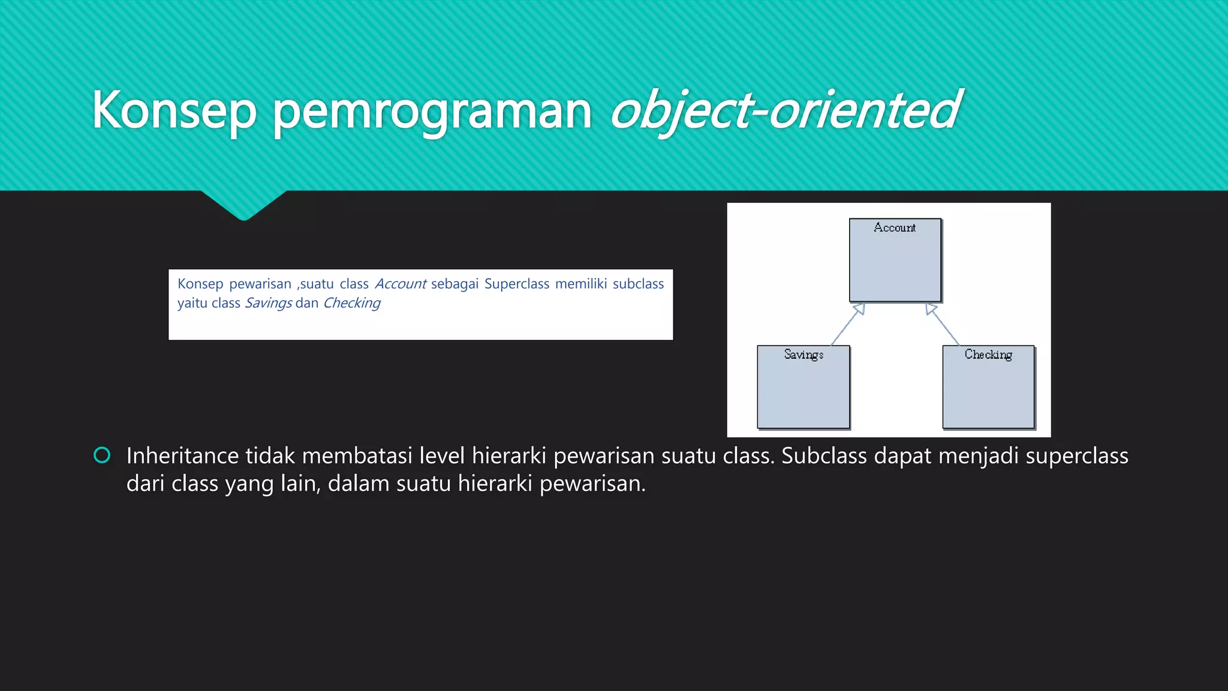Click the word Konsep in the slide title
click(174, 110)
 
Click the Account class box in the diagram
click(895, 264)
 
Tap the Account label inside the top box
click(895, 228)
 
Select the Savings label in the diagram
click(803, 354)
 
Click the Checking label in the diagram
click(988, 354)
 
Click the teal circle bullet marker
click(103, 455)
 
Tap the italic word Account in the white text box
click(400, 284)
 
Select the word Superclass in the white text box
click(516, 284)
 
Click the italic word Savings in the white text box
click(268, 303)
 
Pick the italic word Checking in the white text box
click(351, 303)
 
